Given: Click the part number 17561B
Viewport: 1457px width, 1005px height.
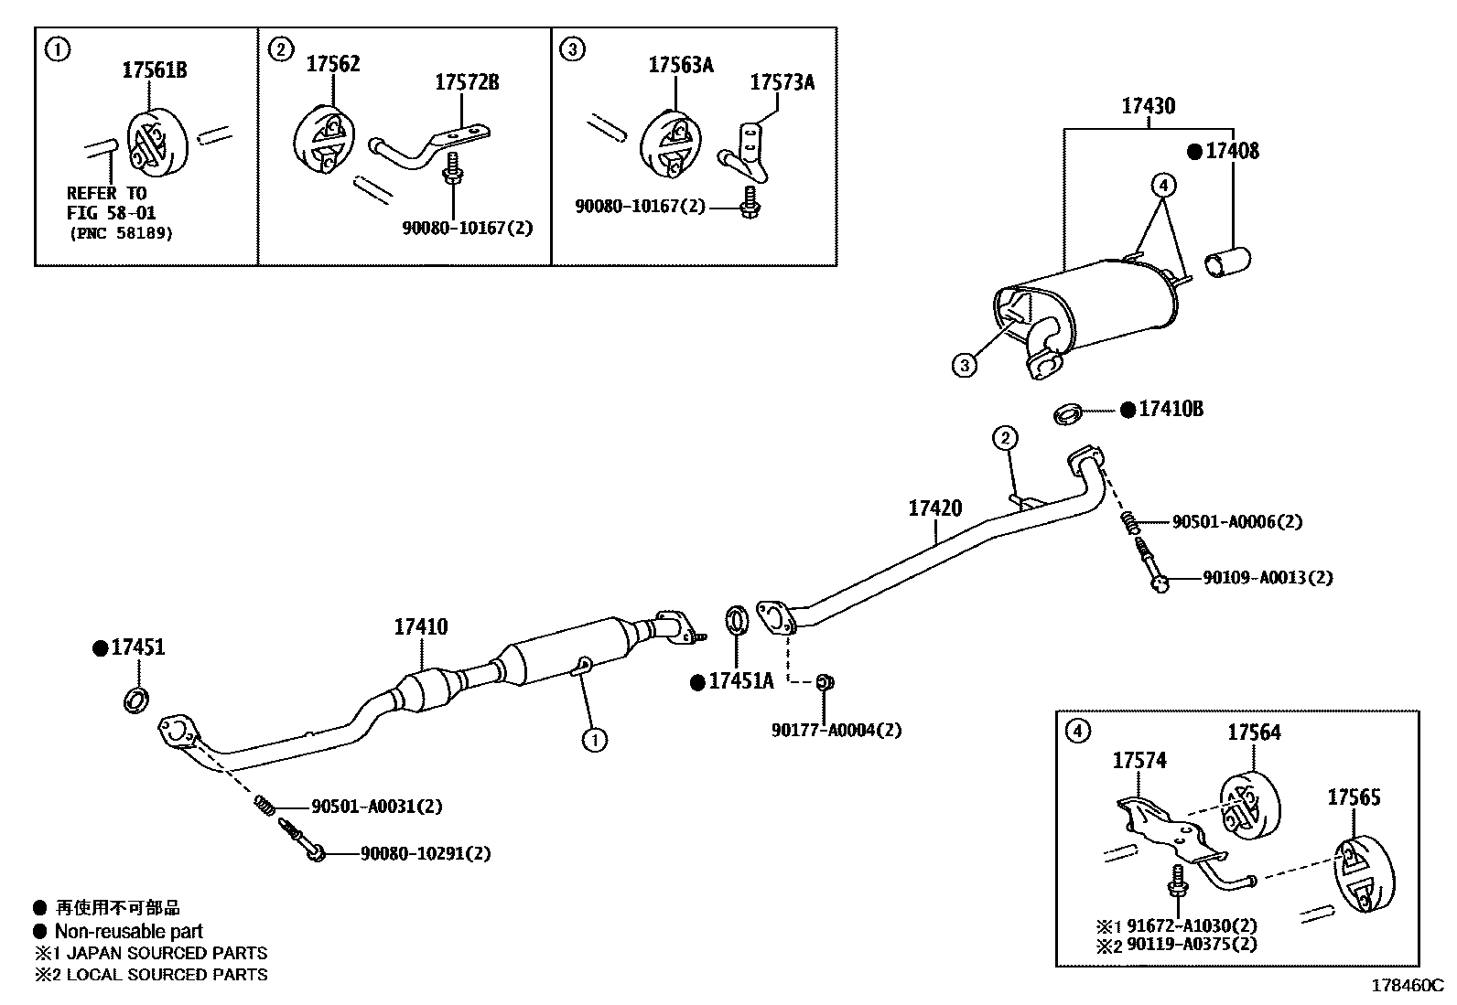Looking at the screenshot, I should coord(155,70).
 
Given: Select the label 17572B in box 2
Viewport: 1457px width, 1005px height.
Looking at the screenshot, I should coord(467,82).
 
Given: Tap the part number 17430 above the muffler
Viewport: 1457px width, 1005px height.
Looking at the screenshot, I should coord(1149,106).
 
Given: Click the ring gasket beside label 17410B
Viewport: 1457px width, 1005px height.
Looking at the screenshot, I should coord(1068,412).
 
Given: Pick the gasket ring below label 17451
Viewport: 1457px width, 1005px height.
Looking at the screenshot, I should coord(135,701).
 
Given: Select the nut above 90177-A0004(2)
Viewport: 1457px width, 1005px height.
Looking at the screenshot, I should coord(823,681).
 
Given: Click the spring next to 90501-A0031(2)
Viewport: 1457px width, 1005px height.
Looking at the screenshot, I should coord(264,804).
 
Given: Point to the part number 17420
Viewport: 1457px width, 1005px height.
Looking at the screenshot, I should coord(934,508).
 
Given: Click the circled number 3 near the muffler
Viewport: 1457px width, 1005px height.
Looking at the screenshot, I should coord(964,366).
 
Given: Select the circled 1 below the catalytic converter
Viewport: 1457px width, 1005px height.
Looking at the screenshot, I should coord(594,739).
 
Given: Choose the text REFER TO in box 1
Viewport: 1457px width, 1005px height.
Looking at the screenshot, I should coord(106,193).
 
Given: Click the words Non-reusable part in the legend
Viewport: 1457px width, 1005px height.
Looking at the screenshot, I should coord(128,932).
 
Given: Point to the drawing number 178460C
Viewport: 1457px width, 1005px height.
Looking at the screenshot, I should coord(1406,986).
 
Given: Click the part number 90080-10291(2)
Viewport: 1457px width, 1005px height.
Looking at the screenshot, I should coord(426,853).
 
